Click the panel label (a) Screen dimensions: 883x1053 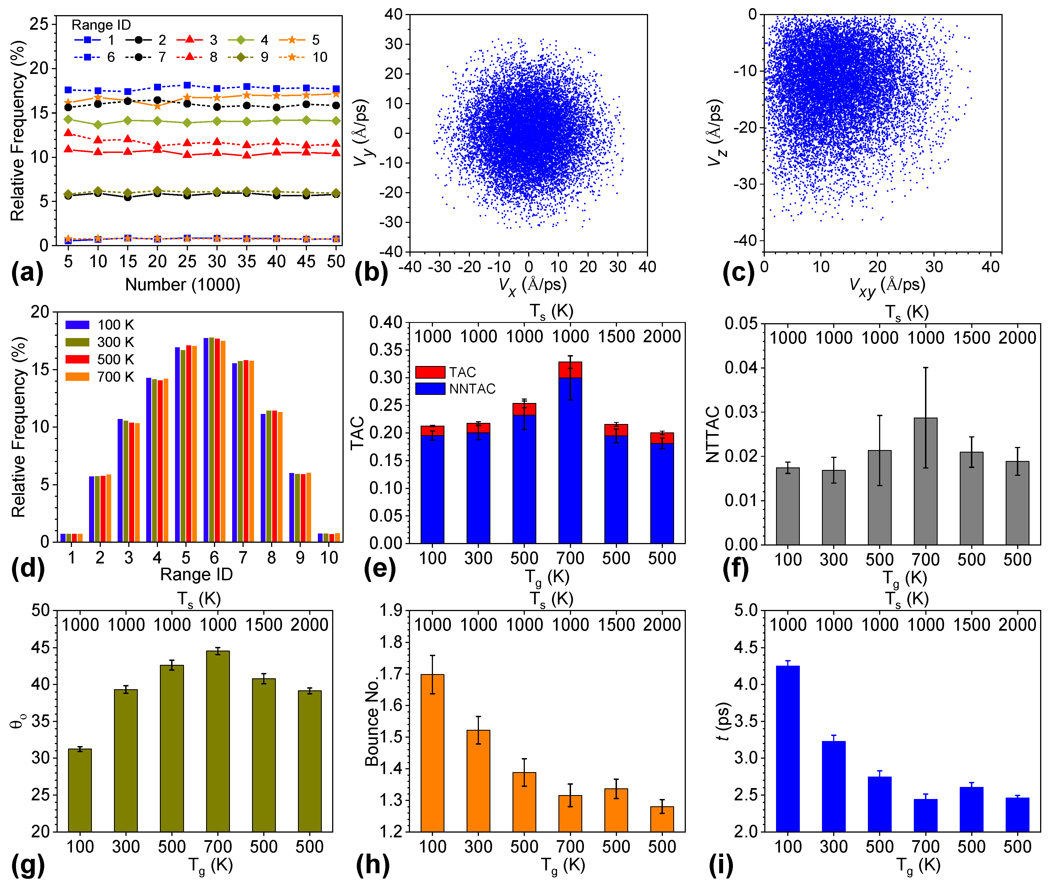pos(27,273)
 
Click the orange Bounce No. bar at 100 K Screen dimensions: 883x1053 pos(432,752)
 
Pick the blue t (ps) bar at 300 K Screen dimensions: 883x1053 pos(834,786)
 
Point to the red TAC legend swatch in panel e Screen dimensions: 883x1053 pos(430,372)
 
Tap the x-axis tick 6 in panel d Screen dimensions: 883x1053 pos(214,557)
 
